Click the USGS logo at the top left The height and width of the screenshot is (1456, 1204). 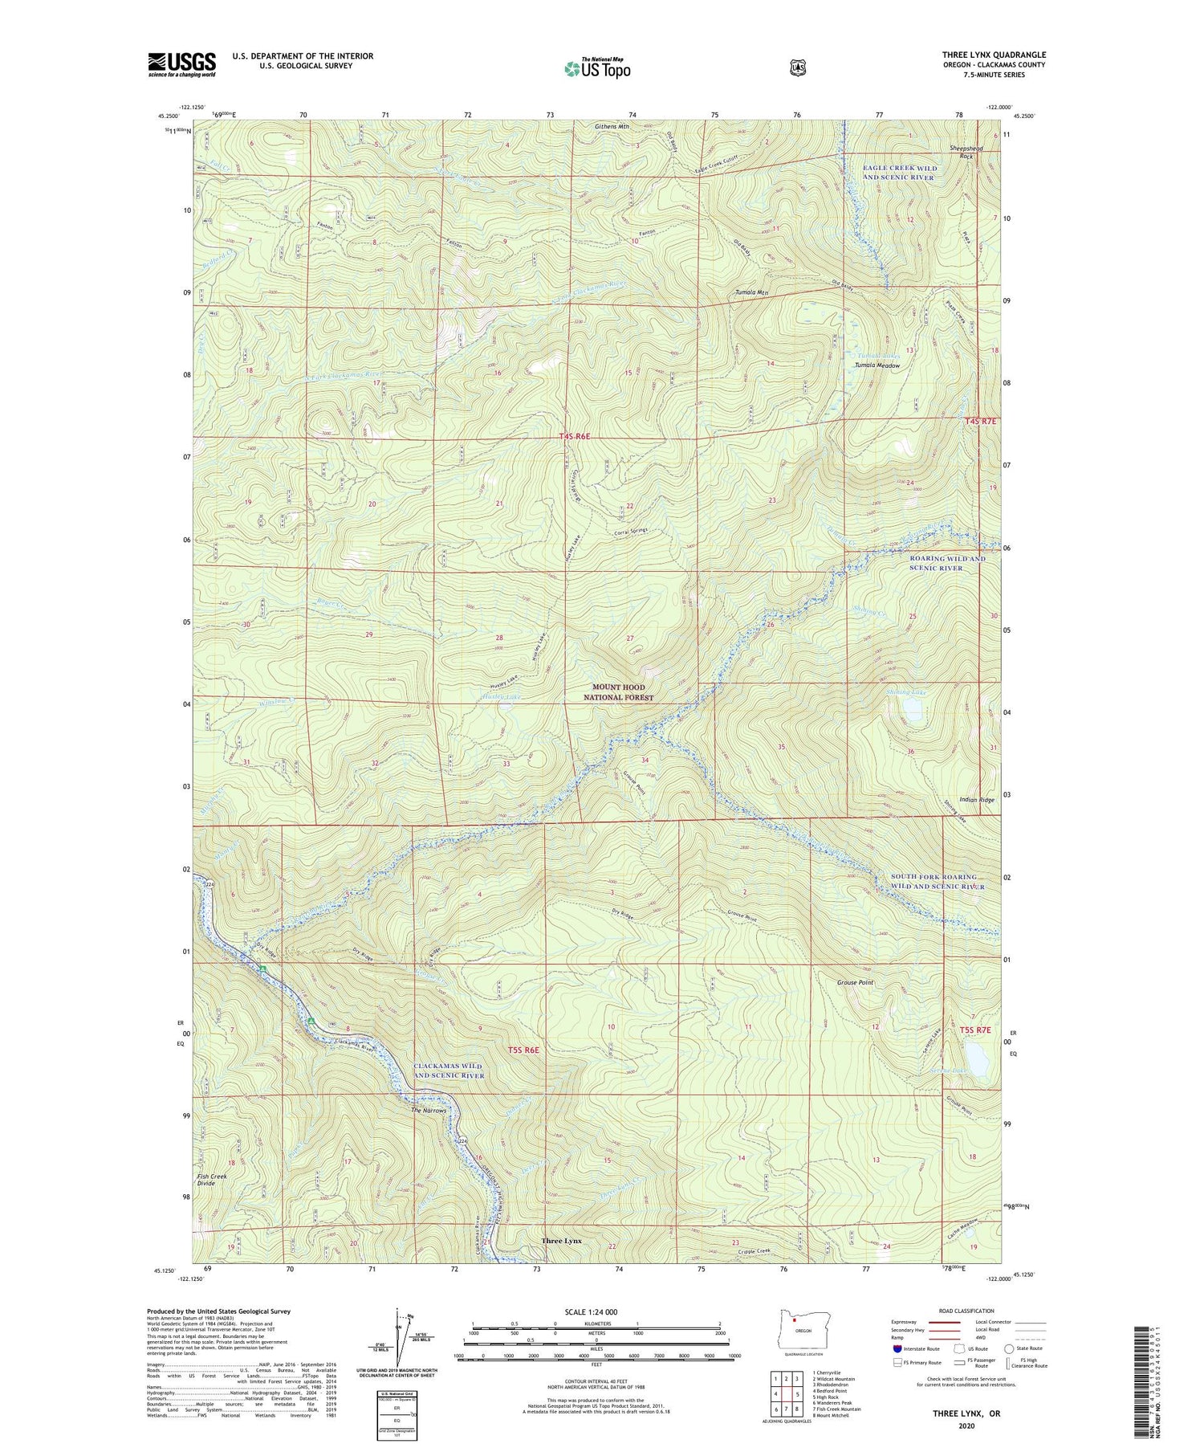(x=181, y=64)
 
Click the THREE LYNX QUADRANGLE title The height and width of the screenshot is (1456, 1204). (x=994, y=55)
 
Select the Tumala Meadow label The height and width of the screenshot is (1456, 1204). (x=877, y=365)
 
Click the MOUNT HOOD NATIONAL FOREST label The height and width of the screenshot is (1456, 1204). (x=623, y=692)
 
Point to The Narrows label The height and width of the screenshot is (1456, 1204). (x=428, y=1111)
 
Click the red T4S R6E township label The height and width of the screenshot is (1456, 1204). (x=575, y=437)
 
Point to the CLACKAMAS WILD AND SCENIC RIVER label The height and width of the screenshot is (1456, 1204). (x=449, y=1071)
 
